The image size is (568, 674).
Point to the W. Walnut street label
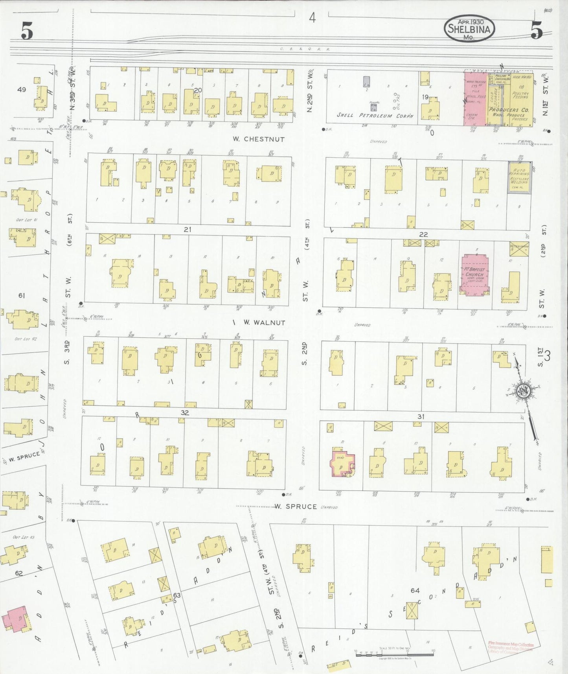coord(264,323)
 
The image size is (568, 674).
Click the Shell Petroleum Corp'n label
coord(375,116)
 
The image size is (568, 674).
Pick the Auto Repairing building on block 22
coord(520,177)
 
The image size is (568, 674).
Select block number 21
coord(187,229)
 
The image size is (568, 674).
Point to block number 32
coord(185,413)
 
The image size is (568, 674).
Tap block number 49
coord(21,90)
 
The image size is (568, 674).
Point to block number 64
coord(415,590)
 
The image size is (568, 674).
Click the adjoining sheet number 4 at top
coord(312,18)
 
